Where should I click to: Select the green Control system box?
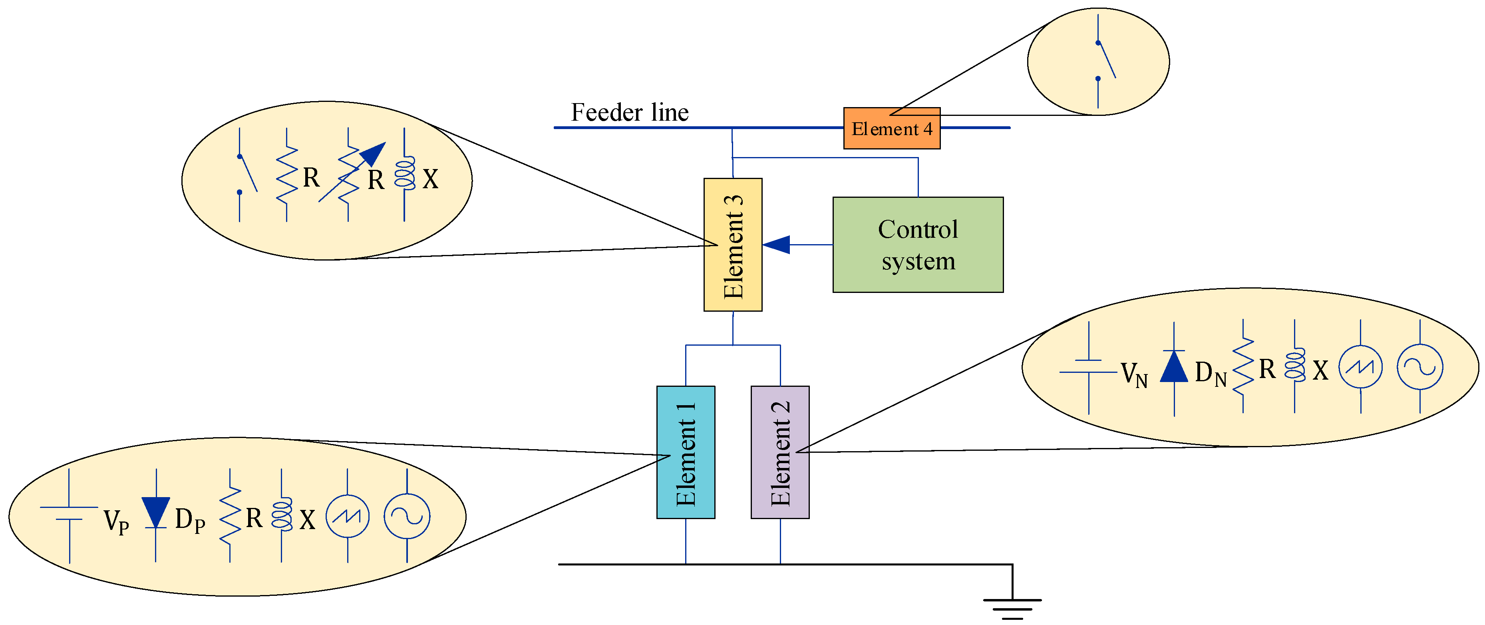point(917,245)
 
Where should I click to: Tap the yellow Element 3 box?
point(733,245)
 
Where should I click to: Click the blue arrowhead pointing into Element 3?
point(777,245)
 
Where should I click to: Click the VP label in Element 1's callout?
point(116,521)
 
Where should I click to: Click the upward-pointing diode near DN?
point(1174,367)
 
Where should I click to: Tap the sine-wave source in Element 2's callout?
point(1419,367)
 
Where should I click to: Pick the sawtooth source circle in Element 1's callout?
point(347,516)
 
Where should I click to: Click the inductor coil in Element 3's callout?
point(405,173)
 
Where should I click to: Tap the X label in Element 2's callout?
point(1320,371)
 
